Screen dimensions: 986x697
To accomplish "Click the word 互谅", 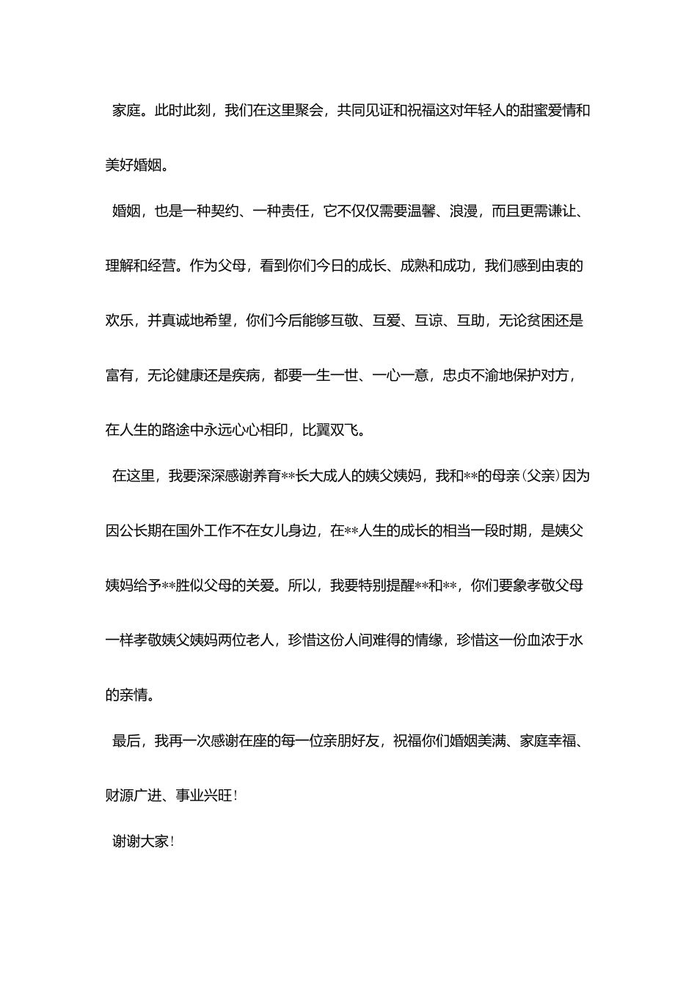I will pos(428,321).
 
